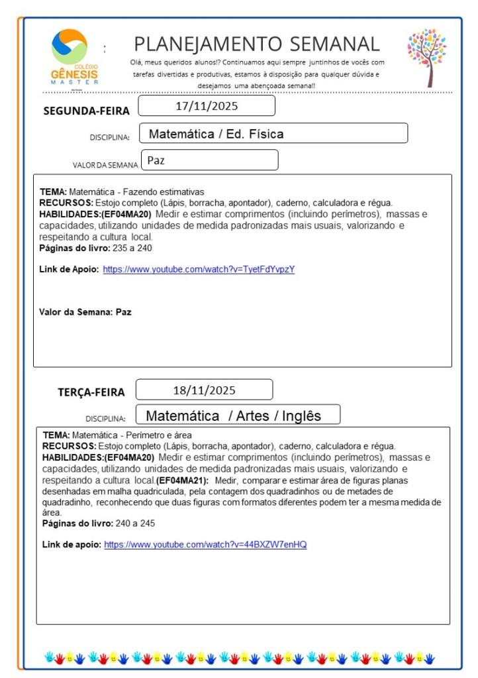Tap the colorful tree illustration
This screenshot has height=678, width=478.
pos(427,56)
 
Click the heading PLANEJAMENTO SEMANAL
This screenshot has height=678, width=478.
pos(257,44)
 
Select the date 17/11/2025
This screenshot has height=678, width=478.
pos(207,106)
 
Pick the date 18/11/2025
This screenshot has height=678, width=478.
pos(204,390)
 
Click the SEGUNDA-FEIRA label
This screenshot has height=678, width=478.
pos(86,111)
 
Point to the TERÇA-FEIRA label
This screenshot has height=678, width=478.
pos(91,392)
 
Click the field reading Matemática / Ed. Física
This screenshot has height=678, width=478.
pos(216,134)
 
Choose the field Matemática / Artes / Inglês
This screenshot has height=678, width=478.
pos(233,416)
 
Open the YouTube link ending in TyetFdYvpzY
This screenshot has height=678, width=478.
pos(198,269)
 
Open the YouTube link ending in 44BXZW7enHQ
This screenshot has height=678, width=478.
pos(205,545)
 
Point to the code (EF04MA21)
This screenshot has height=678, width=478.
pos(182,480)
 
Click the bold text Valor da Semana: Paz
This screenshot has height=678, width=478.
pos(85,311)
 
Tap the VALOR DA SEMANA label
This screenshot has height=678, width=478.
pos(105,165)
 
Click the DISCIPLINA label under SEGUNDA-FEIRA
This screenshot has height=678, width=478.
pos(109,138)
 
